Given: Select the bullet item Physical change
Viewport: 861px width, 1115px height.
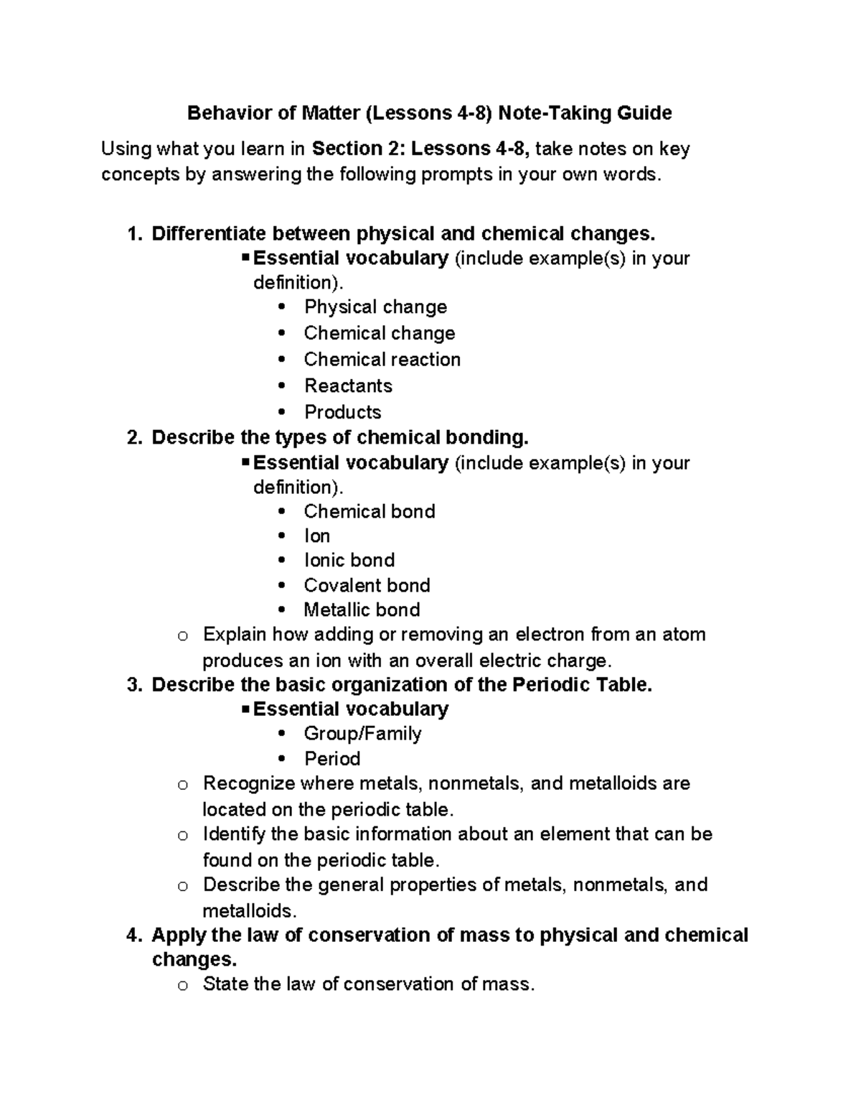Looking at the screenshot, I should click(x=375, y=307).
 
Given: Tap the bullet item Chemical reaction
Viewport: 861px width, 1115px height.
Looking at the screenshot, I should click(x=382, y=359).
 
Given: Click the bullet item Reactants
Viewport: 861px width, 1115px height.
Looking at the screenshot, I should click(x=348, y=386).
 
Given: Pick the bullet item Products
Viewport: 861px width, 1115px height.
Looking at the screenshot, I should click(x=342, y=412).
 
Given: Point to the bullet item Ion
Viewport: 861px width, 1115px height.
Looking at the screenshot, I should click(x=316, y=536).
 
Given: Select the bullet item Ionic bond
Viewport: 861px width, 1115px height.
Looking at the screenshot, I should click(x=349, y=560).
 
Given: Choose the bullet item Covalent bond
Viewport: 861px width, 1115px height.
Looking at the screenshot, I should click(x=367, y=585).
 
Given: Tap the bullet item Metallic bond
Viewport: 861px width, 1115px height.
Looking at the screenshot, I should click(x=362, y=610).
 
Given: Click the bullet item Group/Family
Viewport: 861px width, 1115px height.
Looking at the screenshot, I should click(x=362, y=734).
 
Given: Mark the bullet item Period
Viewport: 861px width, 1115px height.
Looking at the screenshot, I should click(x=332, y=759).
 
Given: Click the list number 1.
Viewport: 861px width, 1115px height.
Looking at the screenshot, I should click(x=132, y=234).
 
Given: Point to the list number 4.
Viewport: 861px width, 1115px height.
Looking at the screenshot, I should click(x=132, y=935).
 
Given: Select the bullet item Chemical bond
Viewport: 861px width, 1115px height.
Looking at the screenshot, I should click(x=369, y=511).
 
